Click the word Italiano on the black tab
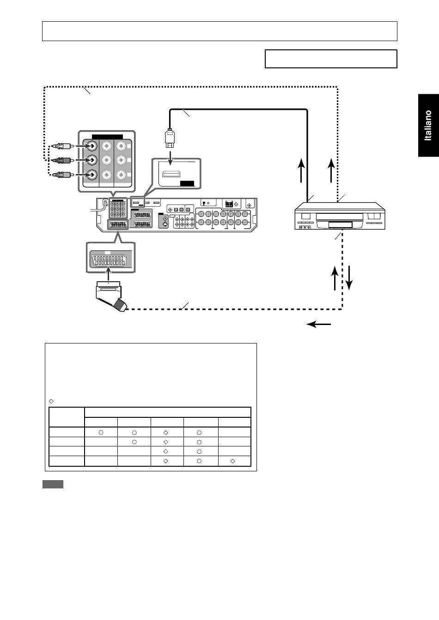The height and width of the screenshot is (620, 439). coord(428,126)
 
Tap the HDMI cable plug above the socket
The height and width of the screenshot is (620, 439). coord(170,138)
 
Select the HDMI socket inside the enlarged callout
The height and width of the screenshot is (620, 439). coord(171,174)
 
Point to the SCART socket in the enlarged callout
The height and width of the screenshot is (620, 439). coord(109,261)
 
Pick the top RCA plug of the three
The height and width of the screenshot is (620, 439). coord(63,146)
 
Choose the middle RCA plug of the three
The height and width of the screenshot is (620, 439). coord(63,160)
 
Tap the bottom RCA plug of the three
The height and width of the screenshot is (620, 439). coord(63,175)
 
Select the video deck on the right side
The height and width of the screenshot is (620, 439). coord(340,216)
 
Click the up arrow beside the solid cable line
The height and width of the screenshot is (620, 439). coord(301,170)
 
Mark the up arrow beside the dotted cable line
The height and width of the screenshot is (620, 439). coord(331,170)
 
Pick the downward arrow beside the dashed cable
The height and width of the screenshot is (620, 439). coord(349,278)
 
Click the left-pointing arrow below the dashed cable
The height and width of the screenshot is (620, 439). coord(318,324)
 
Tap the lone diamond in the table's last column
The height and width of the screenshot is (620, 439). coord(232,461)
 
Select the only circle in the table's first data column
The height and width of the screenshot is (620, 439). coord(101,433)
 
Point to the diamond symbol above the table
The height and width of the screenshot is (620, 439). coord(51,401)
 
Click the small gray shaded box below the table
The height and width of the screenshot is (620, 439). coord(53,484)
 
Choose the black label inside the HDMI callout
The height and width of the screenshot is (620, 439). coord(187,184)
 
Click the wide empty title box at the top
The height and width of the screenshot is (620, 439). coord(219,31)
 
